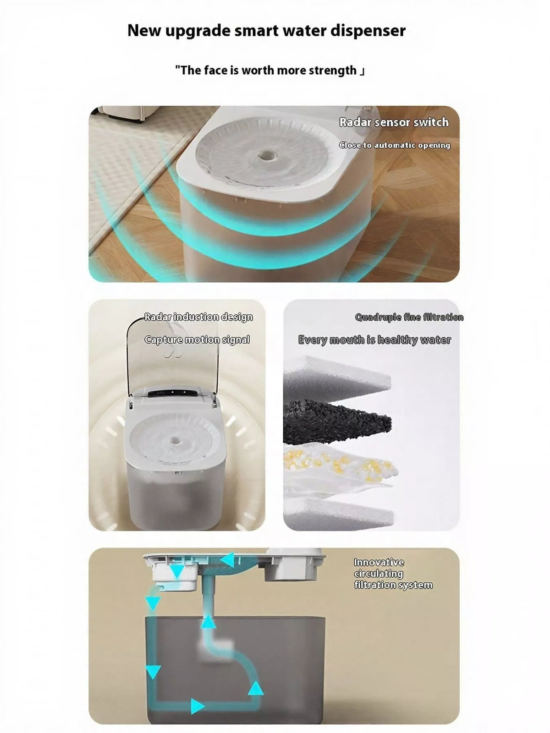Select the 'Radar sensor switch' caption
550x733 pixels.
394,122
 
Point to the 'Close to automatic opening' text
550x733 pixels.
395,145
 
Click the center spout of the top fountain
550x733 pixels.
265,155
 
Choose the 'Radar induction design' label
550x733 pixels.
198,317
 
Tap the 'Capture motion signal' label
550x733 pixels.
197,339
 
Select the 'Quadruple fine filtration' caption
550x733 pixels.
409,317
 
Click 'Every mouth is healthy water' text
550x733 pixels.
374,340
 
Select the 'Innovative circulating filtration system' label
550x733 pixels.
393,574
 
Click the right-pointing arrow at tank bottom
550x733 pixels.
198,718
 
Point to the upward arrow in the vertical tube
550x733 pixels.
209,623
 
